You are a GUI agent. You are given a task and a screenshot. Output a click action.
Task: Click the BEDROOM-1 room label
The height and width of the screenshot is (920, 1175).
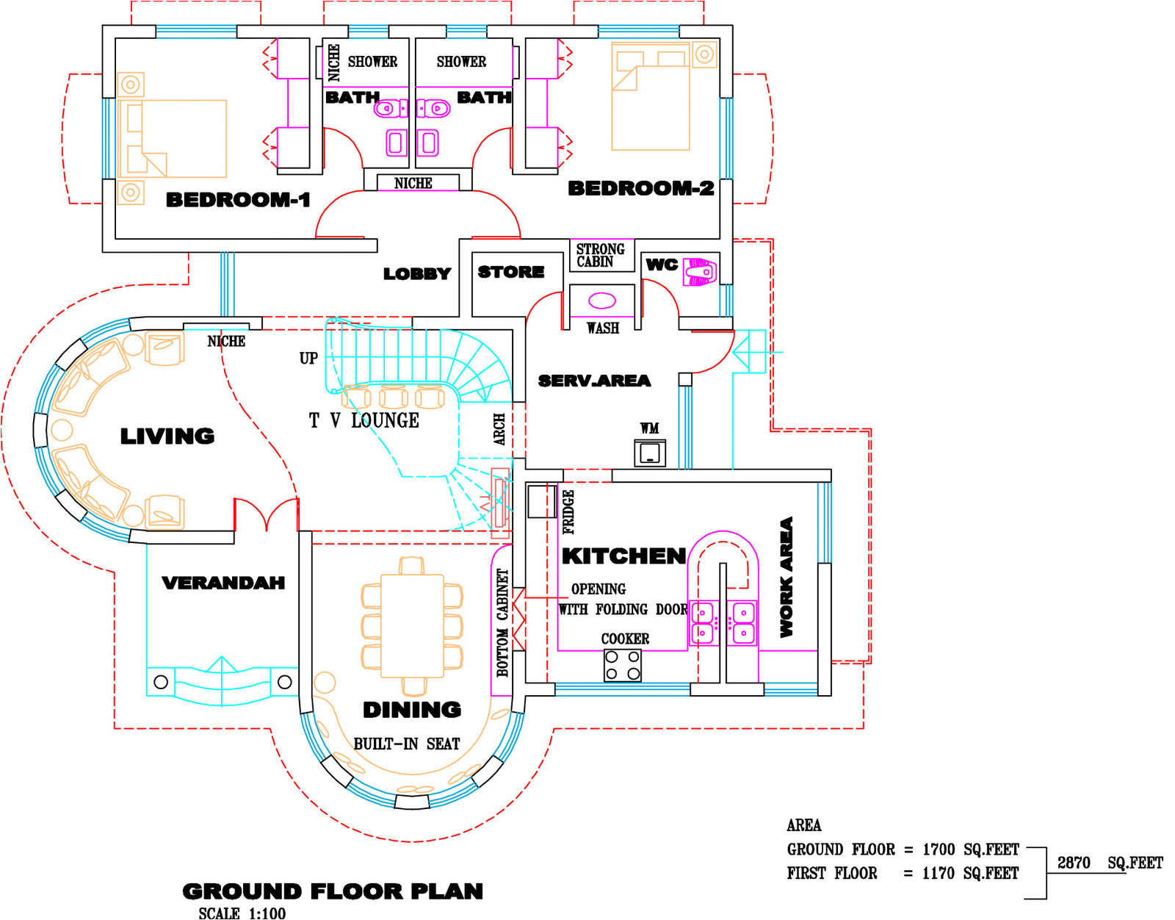pyautogui.click(x=238, y=200)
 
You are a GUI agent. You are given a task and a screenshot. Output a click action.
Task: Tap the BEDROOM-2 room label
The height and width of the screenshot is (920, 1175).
pyautogui.click(x=641, y=188)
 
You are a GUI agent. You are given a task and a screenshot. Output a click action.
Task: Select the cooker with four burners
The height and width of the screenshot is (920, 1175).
pyautogui.click(x=622, y=666)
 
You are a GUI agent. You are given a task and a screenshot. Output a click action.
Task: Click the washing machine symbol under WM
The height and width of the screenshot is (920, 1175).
pyautogui.click(x=649, y=453)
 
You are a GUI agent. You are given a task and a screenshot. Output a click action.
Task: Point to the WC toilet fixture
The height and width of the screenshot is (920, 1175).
pyautogui.click(x=700, y=271)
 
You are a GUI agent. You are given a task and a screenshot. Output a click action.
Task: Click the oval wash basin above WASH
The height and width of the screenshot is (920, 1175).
pyautogui.click(x=602, y=301)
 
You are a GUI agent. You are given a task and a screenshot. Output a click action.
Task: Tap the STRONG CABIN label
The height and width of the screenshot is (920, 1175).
pyautogui.click(x=600, y=255)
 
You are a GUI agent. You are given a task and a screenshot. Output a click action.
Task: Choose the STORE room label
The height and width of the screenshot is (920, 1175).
pyautogui.click(x=511, y=271)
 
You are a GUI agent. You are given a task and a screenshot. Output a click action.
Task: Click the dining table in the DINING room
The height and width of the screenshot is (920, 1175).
pyautogui.click(x=412, y=626)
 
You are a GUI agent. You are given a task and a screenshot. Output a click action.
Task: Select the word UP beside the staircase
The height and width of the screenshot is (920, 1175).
pyautogui.click(x=308, y=358)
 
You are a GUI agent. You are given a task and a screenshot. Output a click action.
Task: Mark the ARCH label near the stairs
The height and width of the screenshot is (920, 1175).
pyautogui.click(x=499, y=429)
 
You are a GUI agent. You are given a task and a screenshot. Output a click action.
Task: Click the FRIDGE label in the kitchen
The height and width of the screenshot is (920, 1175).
pyautogui.click(x=568, y=511)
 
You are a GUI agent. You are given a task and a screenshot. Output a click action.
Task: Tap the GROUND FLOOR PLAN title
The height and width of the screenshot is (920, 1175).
pyautogui.click(x=333, y=891)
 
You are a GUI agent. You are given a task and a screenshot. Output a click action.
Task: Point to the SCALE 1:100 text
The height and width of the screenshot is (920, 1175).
pyautogui.click(x=242, y=913)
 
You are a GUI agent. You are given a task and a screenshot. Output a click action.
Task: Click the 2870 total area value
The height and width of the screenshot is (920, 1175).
pyautogui.click(x=1074, y=863)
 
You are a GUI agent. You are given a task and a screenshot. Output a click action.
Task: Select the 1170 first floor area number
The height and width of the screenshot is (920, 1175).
pyautogui.click(x=938, y=874)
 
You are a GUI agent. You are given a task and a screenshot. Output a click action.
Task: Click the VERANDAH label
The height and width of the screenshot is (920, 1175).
pyautogui.click(x=223, y=583)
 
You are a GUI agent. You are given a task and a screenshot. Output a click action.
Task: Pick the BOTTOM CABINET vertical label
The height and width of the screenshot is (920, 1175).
pyautogui.click(x=503, y=622)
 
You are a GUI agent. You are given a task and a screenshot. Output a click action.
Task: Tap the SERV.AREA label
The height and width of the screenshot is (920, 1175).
pyautogui.click(x=594, y=381)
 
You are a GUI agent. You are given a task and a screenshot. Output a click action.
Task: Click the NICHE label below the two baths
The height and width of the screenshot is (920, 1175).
pyautogui.click(x=413, y=184)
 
